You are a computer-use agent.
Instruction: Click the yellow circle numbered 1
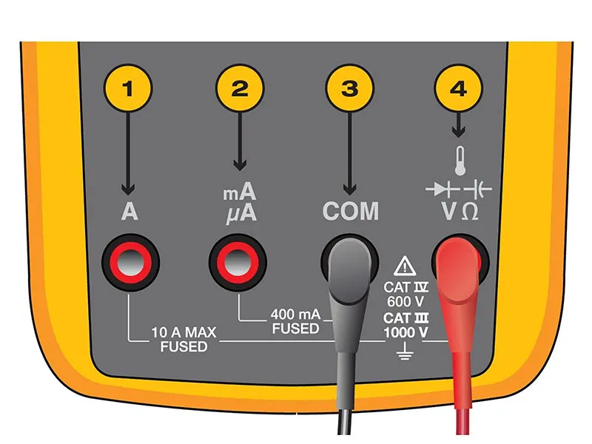128,89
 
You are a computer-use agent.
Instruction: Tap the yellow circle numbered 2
240,89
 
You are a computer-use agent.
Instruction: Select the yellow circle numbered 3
349,89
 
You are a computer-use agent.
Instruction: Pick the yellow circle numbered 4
458,89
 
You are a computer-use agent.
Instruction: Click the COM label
351,211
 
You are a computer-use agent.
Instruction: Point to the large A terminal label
129,212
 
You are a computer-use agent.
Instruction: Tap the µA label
241,214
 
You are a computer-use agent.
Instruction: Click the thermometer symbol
460,161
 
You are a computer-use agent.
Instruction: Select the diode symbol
442,189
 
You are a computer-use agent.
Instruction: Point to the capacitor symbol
477,189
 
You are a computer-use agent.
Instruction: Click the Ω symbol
470,212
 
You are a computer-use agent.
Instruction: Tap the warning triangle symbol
405,266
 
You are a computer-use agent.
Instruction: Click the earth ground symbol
405,351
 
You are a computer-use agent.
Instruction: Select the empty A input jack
131,262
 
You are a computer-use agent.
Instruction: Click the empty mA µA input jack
238,262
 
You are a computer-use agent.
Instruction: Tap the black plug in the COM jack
349,287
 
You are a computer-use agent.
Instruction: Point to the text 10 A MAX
184,332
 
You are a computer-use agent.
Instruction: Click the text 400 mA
295,314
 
